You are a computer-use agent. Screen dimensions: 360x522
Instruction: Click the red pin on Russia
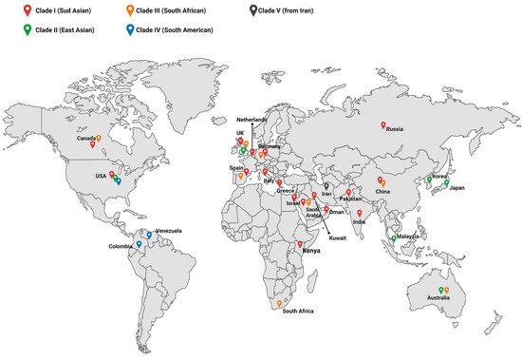pos(383,126)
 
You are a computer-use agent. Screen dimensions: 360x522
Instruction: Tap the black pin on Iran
pos(325,187)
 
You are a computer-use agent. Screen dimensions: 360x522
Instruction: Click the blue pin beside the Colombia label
pos(139,245)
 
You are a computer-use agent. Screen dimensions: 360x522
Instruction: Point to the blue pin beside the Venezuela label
pos(149,234)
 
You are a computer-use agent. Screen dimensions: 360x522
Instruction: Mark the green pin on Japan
pos(447,184)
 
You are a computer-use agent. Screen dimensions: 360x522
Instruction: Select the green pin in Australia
pos(441,290)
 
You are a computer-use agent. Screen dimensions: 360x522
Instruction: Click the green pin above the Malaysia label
pos(394,238)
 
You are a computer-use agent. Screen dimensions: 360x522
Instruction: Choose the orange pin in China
pos(383,181)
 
